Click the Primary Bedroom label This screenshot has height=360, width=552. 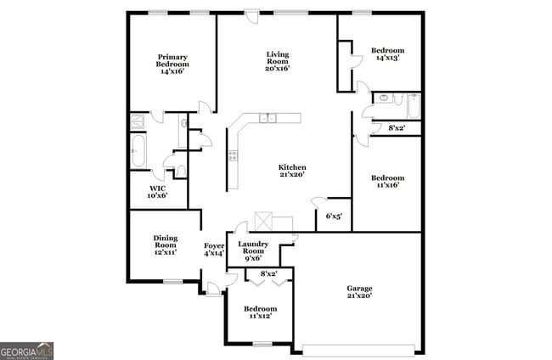172,65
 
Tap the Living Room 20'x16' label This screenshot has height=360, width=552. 277,61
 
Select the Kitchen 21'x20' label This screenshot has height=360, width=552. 292,172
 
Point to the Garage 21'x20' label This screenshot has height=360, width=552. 359,292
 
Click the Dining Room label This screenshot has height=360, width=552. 165,245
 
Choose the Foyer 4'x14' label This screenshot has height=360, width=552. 212,250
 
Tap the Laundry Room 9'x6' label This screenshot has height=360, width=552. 253,250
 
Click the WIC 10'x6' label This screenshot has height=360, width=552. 158,192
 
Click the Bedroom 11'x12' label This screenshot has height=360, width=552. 260,312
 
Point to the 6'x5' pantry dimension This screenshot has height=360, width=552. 334,216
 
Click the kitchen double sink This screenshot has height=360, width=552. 268,119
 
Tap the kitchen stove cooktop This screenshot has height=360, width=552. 232,156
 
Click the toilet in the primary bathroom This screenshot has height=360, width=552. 180,171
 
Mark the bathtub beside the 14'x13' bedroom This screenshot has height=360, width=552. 413,106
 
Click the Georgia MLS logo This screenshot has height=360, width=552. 27,350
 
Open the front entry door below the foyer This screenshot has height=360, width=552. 213,289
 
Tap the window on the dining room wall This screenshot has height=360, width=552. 172,281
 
